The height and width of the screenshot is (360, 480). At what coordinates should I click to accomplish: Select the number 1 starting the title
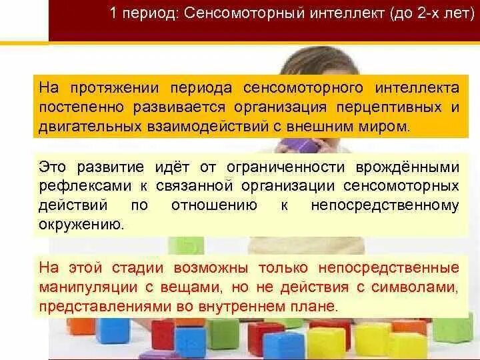(x=115, y=13)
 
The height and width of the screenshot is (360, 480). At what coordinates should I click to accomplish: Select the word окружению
(x=81, y=223)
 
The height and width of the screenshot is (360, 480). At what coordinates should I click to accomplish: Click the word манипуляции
(x=87, y=287)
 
